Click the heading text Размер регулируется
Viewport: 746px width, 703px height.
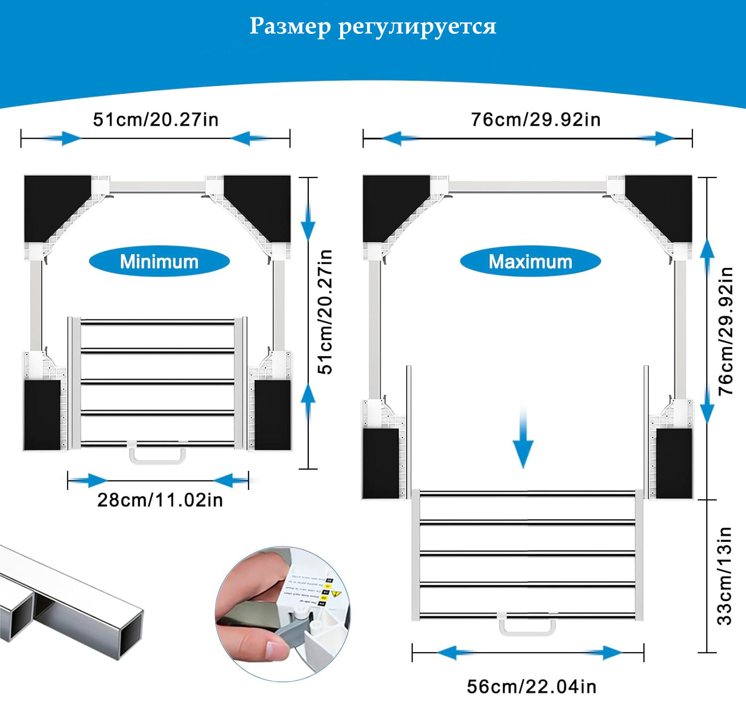click(x=373, y=26)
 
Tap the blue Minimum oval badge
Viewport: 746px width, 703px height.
click(x=159, y=261)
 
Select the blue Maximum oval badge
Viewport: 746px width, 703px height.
click(x=530, y=261)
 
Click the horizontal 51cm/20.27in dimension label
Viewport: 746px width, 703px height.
click(x=156, y=120)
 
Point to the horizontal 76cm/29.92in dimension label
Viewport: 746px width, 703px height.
click(x=536, y=120)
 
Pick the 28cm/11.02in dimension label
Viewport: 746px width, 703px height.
click(x=160, y=500)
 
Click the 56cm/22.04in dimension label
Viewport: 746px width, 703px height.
click(x=531, y=687)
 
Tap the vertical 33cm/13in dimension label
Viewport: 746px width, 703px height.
click(x=725, y=576)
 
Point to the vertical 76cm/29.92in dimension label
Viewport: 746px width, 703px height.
click(x=726, y=331)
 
